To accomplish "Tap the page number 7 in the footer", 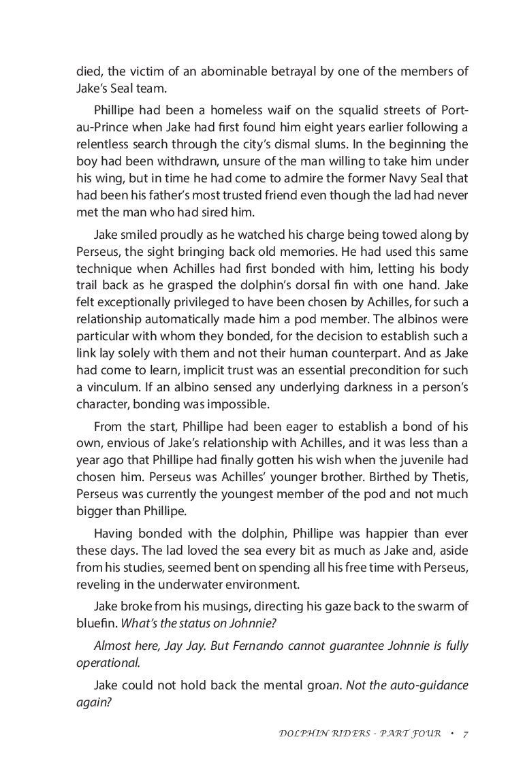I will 464,734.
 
